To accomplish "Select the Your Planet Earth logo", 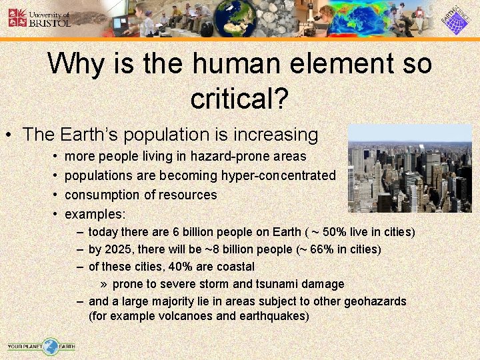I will click(x=41, y=346).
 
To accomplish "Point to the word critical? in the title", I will click(x=239, y=99).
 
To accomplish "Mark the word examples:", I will click(x=95, y=215).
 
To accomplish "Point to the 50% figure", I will click(x=333, y=232).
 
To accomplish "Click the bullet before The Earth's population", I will click(x=9, y=135).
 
